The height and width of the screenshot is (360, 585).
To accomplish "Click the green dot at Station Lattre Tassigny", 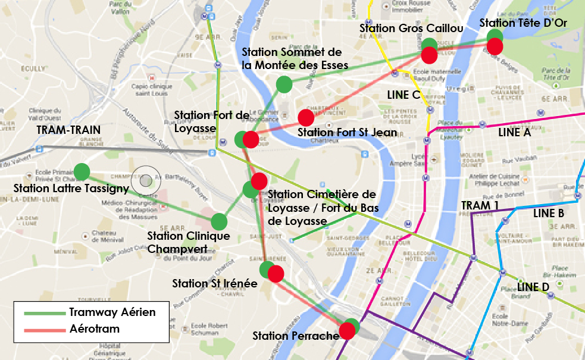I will (x=82, y=171).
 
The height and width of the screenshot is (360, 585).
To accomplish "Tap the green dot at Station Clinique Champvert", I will (x=220, y=221).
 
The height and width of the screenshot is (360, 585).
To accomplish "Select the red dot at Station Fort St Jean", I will (x=306, y=117).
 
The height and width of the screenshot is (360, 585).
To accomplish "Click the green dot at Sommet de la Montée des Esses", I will (x=284, y=84).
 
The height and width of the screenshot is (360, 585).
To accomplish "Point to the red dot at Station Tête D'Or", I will (x=495, y=46).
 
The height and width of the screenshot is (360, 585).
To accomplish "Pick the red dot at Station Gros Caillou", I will (x=430, y=55).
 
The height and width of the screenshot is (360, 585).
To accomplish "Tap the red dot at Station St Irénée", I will (x=276, y=274).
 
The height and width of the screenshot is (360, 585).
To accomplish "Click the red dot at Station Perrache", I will (x=346, y=331).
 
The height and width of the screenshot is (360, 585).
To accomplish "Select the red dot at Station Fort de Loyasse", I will (x=251, y=140).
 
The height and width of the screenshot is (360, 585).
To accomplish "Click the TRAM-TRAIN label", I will (x=68, y=130).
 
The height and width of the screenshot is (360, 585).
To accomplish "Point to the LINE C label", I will (x=403, y=95).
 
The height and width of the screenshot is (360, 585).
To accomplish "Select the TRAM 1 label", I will (x=480, y=205).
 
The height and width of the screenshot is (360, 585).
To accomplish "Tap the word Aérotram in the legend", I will (x=94, y=328).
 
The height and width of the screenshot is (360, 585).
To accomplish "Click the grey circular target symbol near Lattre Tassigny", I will (x=145, y=179).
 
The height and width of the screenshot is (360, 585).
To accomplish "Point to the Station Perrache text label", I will (x=295, y=336).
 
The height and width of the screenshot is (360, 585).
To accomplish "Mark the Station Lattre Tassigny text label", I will (x=71, y=189).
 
